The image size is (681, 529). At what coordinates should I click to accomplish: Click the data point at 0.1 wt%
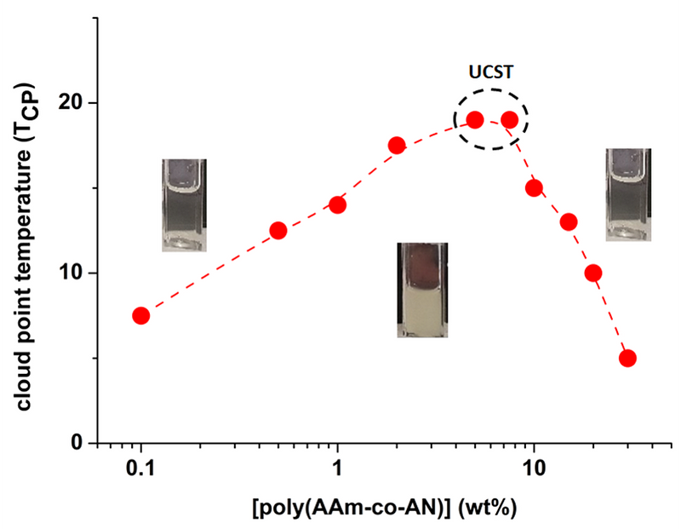(x=140, y=315)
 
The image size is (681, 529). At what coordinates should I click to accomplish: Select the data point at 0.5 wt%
(x=278, y=230)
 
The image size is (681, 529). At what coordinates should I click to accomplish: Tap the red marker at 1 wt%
(x=338, y=204)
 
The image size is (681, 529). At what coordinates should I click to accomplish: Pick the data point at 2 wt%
(x=397, y=145)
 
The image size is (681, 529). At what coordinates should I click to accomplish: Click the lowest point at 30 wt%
(x=628, y=358)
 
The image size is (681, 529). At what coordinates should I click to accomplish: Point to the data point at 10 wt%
(x=535, y=187)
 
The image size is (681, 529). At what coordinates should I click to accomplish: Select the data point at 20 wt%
(x=593, y=273)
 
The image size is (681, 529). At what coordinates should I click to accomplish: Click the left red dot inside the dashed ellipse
(x=475, y=119)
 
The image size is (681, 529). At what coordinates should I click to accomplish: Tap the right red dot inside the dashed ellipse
(x=510, y=119)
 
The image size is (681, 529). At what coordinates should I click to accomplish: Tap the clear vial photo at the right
(x=628, y=194)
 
